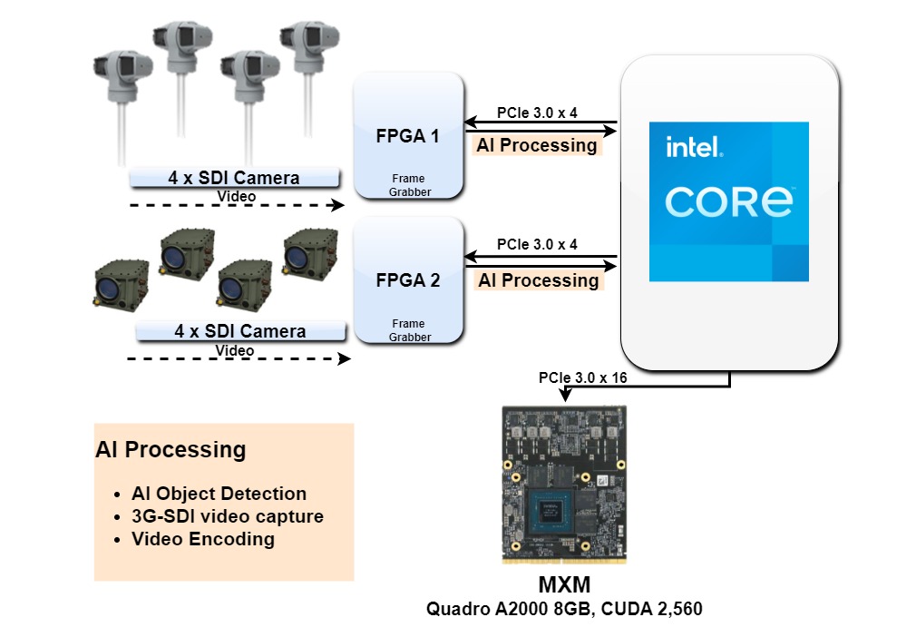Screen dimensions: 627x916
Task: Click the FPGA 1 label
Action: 407,137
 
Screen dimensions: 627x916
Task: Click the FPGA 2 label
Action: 407,280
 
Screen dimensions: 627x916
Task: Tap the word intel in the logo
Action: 693,147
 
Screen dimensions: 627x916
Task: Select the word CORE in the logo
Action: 729,201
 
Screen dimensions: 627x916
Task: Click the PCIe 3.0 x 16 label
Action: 582,377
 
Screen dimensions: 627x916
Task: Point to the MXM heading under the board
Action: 571,583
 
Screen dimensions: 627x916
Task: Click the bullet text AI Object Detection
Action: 219,494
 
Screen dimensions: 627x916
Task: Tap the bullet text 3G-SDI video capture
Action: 227,516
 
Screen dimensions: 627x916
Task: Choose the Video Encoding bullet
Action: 202,539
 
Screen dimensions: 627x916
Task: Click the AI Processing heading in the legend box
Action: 171,449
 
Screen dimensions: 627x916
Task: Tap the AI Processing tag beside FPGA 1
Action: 537,145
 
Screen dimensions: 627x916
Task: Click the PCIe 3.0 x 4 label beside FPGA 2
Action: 537,245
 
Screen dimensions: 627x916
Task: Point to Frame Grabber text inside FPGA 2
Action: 408,330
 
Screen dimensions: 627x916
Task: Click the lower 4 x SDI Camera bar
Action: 240,331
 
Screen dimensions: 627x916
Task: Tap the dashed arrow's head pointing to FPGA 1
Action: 339,206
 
